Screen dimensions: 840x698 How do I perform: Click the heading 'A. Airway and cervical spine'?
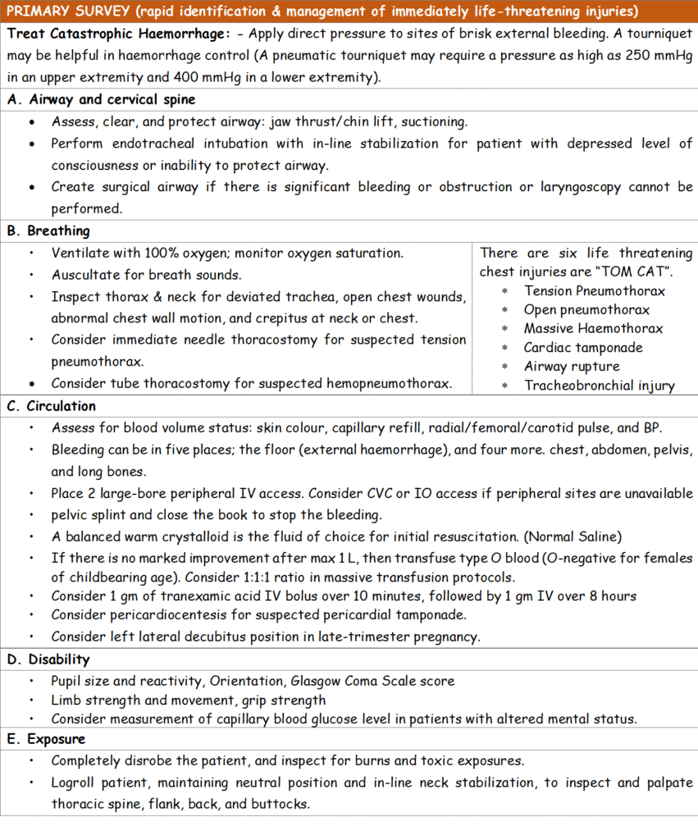(101, 99)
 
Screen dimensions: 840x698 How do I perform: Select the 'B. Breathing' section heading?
(48, 231)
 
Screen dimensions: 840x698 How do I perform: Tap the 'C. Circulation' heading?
(52, 406)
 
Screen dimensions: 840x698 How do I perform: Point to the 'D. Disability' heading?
(48, 660)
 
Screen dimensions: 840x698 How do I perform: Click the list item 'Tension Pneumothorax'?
(595, 291)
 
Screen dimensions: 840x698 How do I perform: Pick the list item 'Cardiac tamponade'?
(583, 348)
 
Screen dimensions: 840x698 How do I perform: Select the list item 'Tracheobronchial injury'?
(599, 386)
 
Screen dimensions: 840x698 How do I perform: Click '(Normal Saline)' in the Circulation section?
(577, 537)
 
